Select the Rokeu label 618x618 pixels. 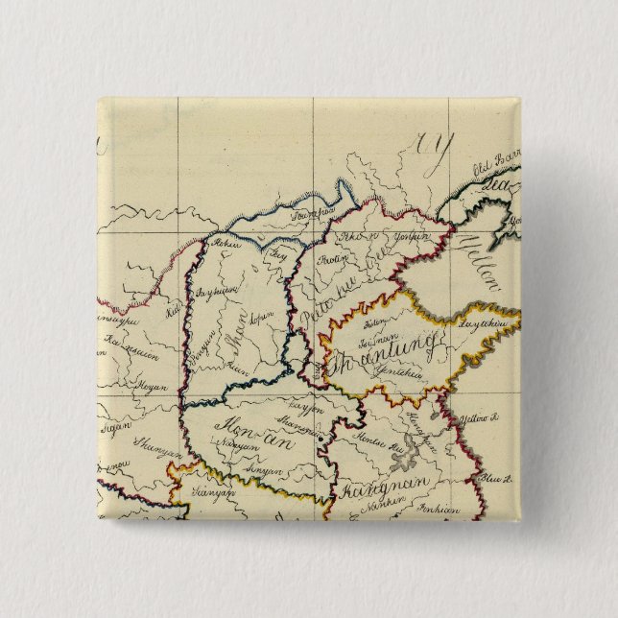point(225,243)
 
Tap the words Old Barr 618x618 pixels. point(487,174)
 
